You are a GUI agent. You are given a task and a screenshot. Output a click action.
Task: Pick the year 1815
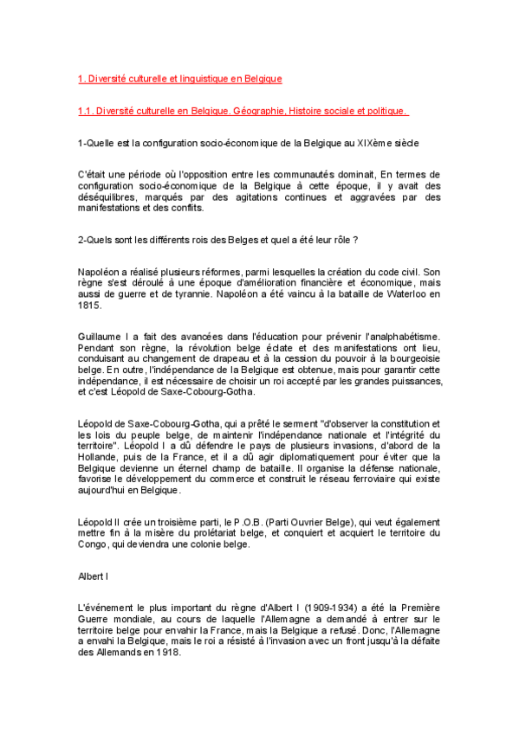(x=90, y=306)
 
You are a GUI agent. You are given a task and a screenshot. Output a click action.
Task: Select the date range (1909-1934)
(x=324, y=607)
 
